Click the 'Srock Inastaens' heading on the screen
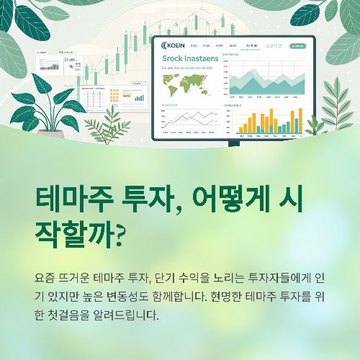point(189,59)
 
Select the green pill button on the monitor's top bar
point(297,46)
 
